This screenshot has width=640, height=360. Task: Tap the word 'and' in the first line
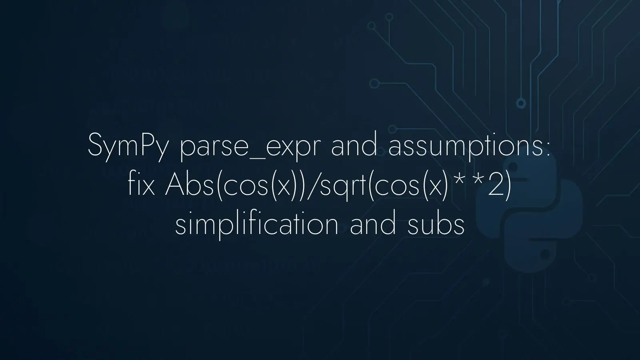point(354,146)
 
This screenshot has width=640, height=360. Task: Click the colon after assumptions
point(547,149)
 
